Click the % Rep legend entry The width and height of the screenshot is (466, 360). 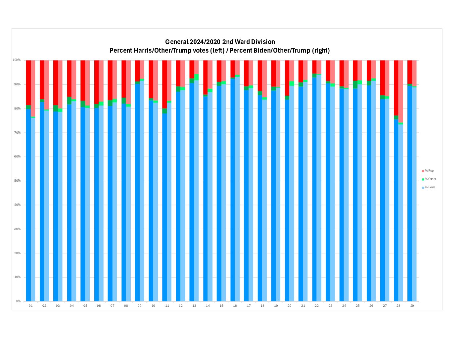[429, 171]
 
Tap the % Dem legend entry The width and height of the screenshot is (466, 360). [430, 187]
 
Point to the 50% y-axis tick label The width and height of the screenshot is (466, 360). [17, 181]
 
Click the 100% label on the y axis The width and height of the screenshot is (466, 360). [17, 60]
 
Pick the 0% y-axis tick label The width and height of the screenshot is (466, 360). [18, 301]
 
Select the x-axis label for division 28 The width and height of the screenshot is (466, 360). [398, 306]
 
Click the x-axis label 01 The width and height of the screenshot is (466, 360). [31, 306]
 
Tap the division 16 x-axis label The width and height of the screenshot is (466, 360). [235, 306]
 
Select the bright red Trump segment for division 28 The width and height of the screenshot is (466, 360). [396, 88]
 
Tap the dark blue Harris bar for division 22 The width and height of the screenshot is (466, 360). [314, 189]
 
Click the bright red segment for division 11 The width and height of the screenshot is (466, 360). [164, 84]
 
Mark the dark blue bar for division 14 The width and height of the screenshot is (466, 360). [205, 199]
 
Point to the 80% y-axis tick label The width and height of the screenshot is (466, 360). [17, 109]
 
